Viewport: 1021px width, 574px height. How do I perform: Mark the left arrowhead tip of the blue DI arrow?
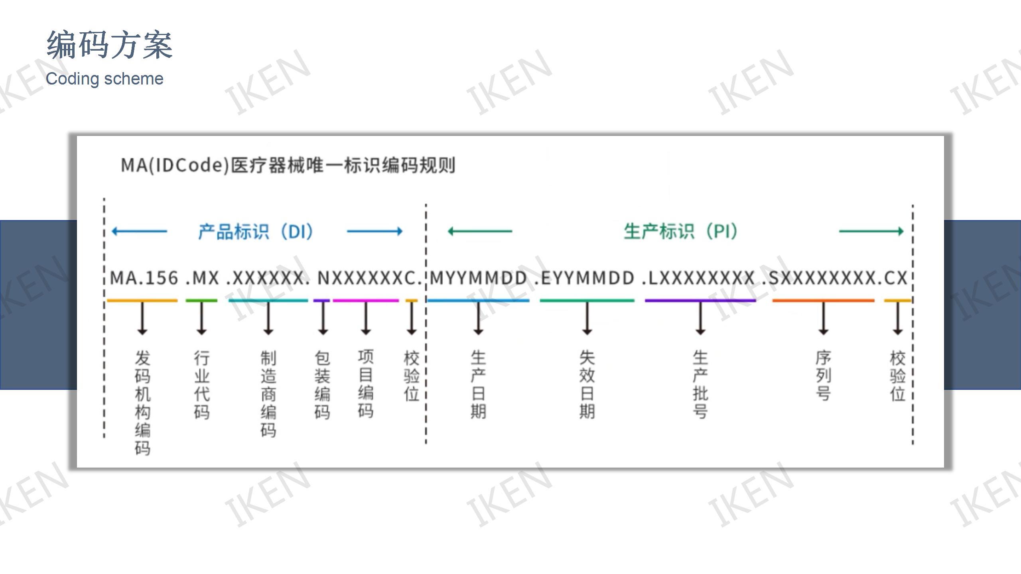tap(112, 231)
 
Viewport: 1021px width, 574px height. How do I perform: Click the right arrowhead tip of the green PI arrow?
tap(904, 231)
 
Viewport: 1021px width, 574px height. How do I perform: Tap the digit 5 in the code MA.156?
tap(158, 278)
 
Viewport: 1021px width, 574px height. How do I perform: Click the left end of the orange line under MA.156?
tap(107, 301)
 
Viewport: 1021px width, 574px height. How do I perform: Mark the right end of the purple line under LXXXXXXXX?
tap(756, 301)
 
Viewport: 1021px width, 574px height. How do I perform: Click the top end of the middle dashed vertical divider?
tap(426, 204)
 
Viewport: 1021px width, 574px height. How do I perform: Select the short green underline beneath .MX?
tap(201, 301)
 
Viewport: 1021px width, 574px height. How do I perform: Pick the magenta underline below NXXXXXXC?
tap(366, 301)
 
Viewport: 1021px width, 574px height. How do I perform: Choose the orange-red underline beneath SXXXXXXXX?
tap(823, 301)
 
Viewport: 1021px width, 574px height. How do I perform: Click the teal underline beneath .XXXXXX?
tap(268, 301)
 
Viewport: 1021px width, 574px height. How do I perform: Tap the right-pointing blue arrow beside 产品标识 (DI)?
tap(375, 231)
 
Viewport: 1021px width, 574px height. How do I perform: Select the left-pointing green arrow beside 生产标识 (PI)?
tap(480, 231)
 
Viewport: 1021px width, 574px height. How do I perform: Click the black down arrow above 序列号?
tap(824, 318)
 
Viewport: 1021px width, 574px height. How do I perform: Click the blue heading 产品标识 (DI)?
tap(256, 231)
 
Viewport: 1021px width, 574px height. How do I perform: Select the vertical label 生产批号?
tap(700, 384)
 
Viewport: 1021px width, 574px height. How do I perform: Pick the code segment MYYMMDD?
tap(479, 278)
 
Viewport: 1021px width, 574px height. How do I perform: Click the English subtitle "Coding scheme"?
tap(104, 79)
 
